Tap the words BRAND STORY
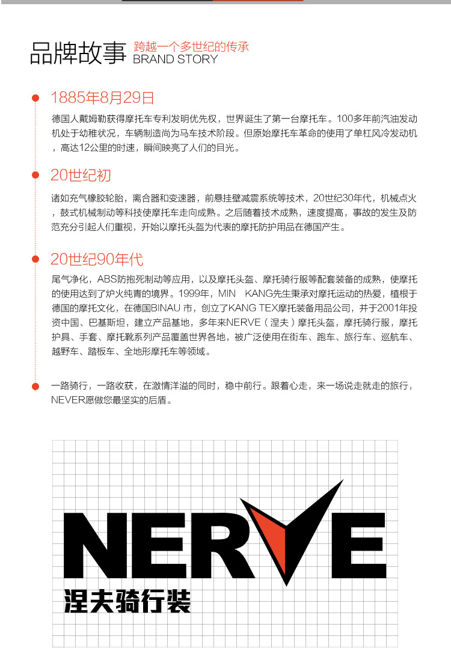pos(175,60)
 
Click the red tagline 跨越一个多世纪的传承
pos(191,46)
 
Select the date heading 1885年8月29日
pos(102,97)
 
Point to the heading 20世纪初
pos(81,176)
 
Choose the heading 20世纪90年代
pos(97,260)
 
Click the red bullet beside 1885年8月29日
pos(35,98)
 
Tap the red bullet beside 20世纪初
pos(35,176)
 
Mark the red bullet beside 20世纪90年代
pos(35,260)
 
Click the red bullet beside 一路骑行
pos(35,385)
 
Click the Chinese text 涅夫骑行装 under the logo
pos(127,601)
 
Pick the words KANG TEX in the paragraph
pos(246,308)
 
